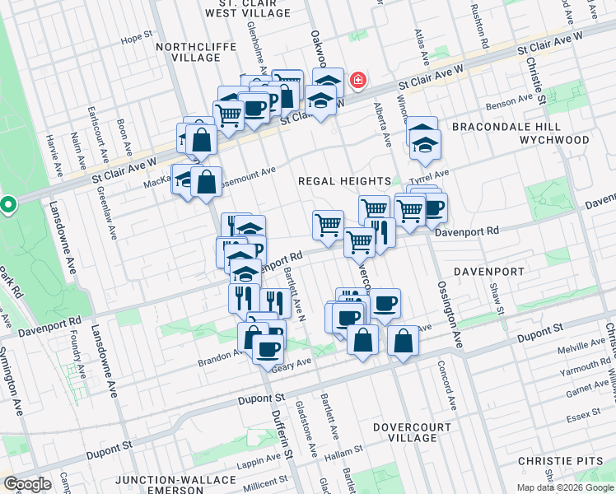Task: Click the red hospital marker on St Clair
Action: pyautogui.click(x=358, y=81)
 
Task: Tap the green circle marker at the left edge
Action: pyautogui.click(x=7, y=203)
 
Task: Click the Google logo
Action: pyautogui.click(x=27, y=483)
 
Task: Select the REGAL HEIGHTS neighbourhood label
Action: pyautogui.click(x=343, y=181)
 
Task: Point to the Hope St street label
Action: pyautogui.click(x=138, y=38)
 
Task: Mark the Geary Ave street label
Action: pyautogui.click(x=295, y=362)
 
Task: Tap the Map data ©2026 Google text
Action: pyautogui.click(x=564, y=487)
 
